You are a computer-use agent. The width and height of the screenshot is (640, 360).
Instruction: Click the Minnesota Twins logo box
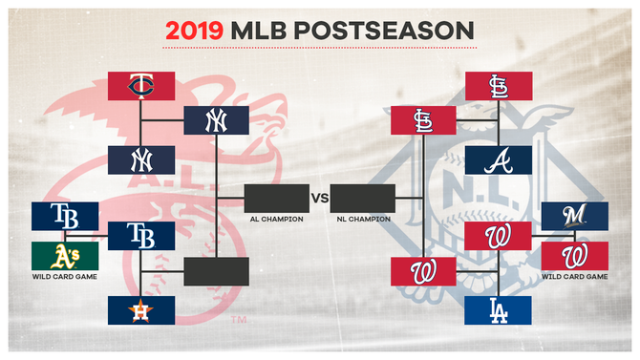(140, 86)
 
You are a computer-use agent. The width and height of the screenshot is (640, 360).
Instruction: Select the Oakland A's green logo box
(65, 255)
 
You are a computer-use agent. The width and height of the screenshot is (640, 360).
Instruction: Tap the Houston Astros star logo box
(140, 309)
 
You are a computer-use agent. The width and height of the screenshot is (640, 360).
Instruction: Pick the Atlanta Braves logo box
(498, 159)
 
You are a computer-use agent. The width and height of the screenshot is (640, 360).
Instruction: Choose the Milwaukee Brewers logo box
(574, 216)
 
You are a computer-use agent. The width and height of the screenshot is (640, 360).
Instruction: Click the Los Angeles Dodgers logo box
(498, 309)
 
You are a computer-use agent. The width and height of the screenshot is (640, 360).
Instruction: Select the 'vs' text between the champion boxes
(319, 198)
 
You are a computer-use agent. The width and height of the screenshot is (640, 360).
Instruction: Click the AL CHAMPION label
(277, 220)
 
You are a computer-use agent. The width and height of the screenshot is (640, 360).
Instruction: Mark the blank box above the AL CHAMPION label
(277, 198)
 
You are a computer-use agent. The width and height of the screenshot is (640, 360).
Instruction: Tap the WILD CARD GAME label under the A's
(65, 277)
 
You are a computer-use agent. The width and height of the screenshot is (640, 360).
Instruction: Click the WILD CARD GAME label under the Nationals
(574, 277)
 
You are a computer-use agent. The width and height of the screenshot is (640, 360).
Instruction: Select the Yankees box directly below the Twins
(140, 159)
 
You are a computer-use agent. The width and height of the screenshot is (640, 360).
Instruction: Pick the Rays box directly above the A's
(65, 216)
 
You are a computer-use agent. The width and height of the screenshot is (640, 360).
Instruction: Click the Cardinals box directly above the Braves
(498, 86)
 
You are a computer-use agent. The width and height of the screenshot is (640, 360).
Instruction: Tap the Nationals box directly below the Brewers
(574, 255)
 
